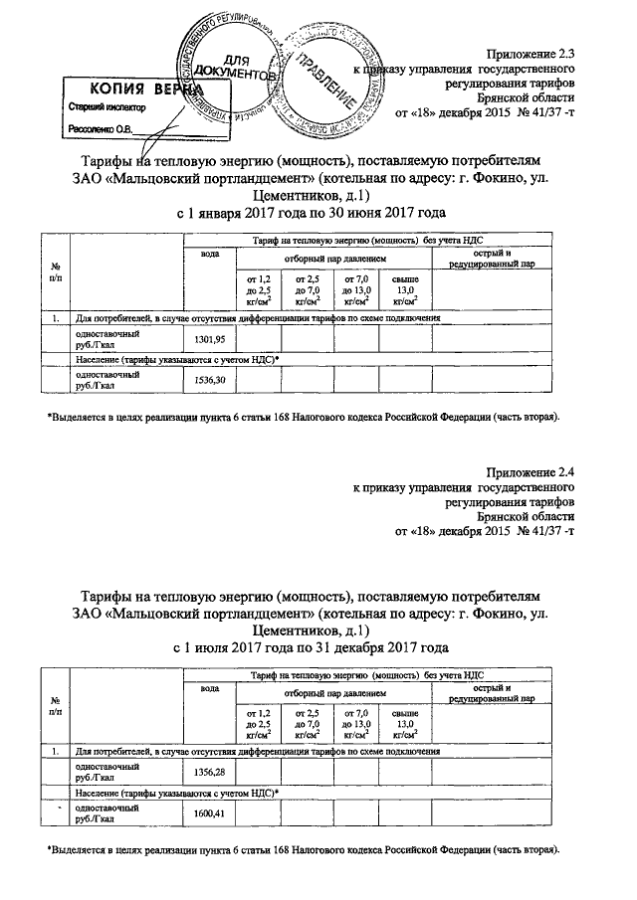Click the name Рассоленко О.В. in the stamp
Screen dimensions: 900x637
[x=105, y=128]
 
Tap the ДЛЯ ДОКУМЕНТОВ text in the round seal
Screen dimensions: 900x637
[x=234, y=67]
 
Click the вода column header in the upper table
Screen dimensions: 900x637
[x=209, y=256]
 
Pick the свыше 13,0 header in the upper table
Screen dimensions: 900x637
[x=405, y=288]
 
